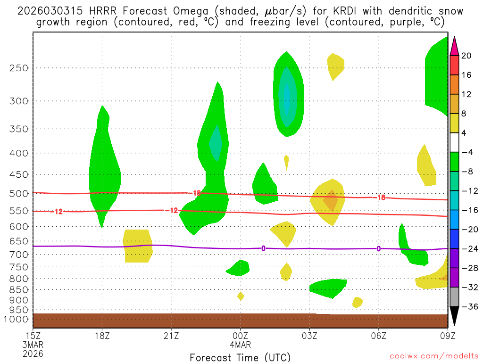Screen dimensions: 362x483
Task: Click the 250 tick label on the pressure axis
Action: click(x=19, y=68)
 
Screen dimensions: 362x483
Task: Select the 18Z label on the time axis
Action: click(x=102, y=336)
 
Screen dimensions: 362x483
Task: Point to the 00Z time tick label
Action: click(x=240, y=336)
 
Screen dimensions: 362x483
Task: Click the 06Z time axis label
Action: click(x=379, y=336)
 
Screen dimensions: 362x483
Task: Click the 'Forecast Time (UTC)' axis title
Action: click(x=240, y=357)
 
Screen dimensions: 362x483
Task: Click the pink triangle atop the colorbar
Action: click(x=454, y=46)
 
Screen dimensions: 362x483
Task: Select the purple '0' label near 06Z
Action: click(x=379, y=248)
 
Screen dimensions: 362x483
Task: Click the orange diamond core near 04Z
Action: click(x=331, y=200)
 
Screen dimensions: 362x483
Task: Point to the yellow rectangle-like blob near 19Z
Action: click(x=137, y=245)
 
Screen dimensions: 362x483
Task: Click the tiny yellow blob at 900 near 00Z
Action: click(x=241, y=296)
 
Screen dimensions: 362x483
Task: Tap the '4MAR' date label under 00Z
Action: click(x=241, y=345)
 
